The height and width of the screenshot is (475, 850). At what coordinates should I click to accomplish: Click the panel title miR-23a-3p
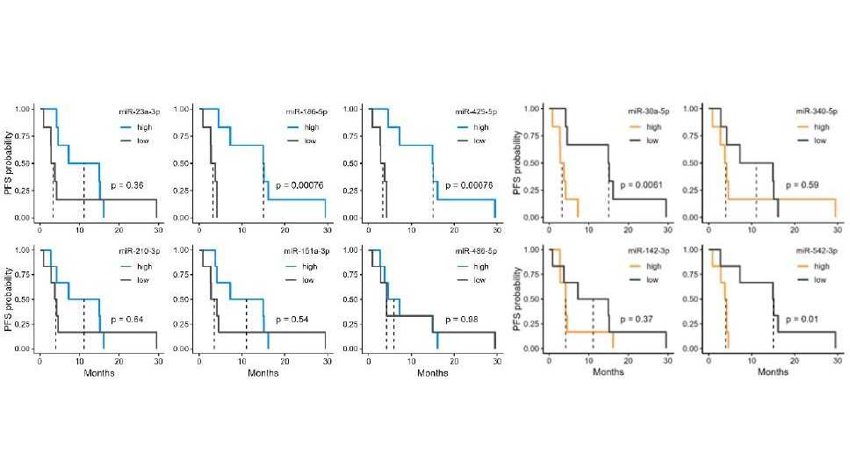138,113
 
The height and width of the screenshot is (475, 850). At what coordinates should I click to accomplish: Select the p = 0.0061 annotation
642,185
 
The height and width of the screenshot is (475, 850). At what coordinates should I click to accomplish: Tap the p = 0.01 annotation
801,319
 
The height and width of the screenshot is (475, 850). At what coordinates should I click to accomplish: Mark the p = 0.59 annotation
803,185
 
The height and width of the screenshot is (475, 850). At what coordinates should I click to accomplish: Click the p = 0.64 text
127,319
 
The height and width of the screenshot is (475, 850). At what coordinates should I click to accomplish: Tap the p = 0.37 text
637,319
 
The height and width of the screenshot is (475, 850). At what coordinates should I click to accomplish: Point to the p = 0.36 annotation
127,185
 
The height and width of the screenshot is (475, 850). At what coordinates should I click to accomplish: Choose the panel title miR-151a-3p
302,252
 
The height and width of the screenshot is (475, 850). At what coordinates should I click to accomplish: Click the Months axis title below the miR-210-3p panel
99,373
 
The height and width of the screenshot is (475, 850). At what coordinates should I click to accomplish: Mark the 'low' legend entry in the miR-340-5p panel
819,140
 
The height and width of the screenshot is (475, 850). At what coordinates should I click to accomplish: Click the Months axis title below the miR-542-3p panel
772,371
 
